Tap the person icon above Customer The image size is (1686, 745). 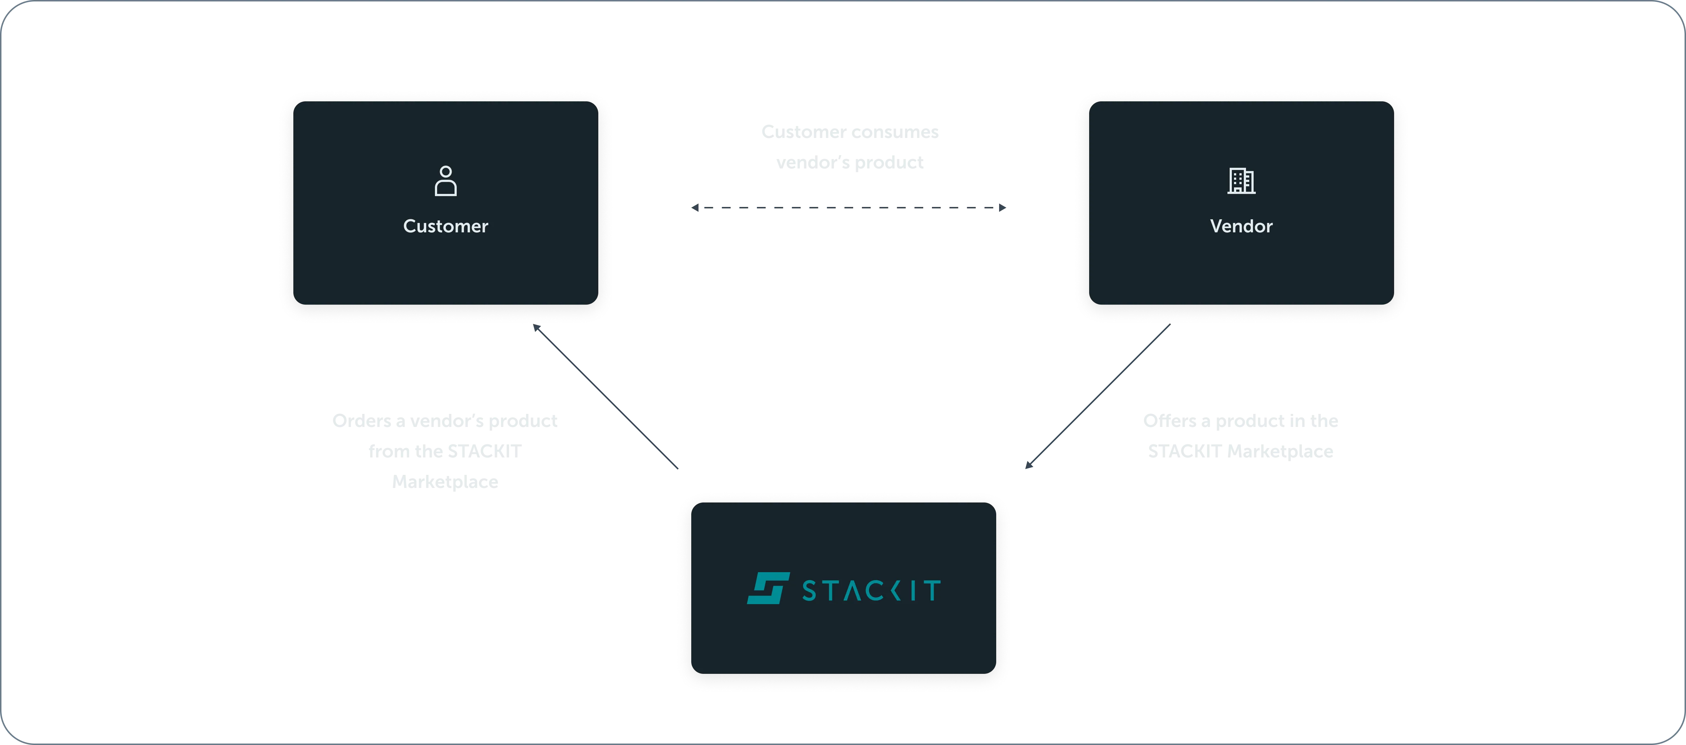click(x=446, y=181)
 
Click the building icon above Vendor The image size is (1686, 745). click(x=1241, y=181)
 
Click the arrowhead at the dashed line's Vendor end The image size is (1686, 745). click(x=1003, y=208)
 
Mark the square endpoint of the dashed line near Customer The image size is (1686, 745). click(x=695, y=208)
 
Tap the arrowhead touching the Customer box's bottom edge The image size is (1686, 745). click(x=535, y=329)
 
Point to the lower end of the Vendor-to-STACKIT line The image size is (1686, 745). click(x=1028, y=465)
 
